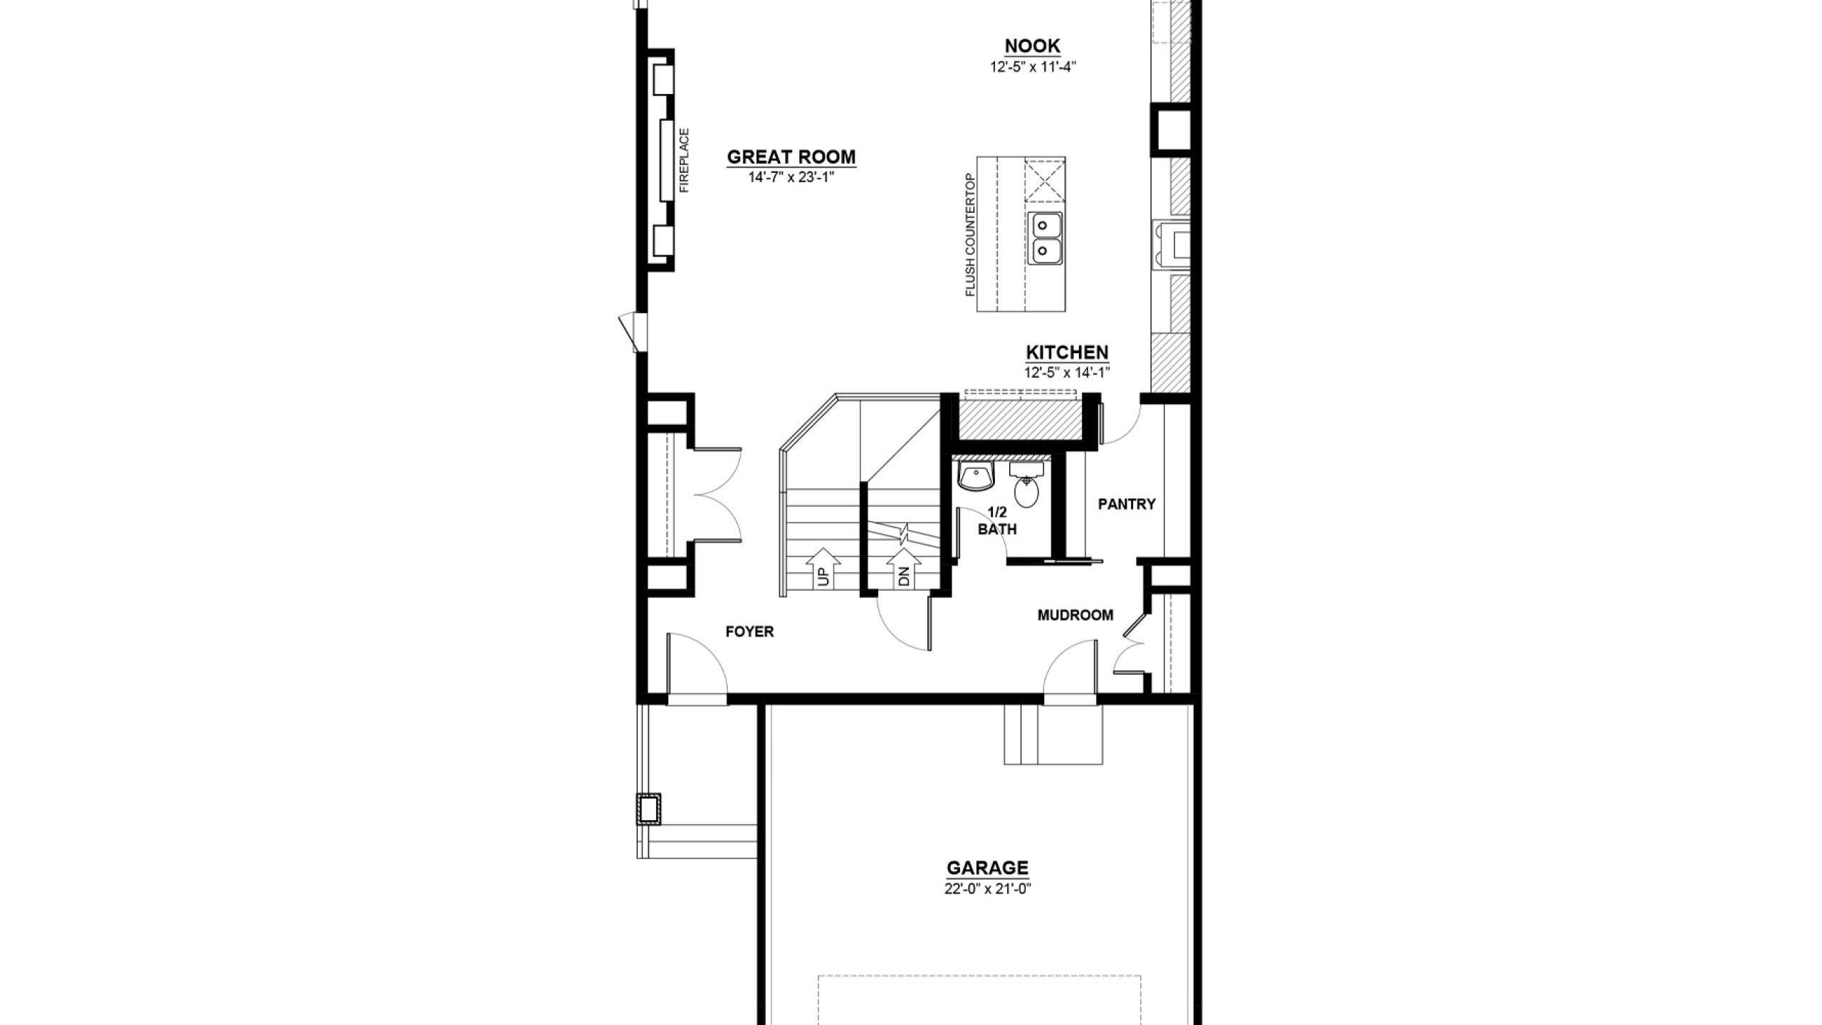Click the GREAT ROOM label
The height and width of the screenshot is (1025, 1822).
coord(791,157)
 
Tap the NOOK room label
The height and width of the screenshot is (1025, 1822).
coord(1032,46)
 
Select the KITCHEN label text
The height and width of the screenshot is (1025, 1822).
coord(1067,352)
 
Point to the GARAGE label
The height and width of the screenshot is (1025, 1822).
coord(987,868)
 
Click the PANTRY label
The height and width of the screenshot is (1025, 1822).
coord(1127,504)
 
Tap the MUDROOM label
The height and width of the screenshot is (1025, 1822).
coord(1075,615)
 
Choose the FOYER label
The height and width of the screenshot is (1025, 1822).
coord(749,631)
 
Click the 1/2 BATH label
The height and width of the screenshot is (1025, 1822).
coord(997,521)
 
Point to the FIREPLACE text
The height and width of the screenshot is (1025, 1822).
coord(685,160)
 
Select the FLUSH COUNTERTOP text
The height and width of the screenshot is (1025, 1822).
coord(969,235)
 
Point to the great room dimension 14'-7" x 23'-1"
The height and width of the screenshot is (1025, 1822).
coord(791,177)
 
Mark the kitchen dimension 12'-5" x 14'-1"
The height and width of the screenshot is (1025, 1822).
coord(1067,372)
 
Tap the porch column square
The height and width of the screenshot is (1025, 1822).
coord(648,809)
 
